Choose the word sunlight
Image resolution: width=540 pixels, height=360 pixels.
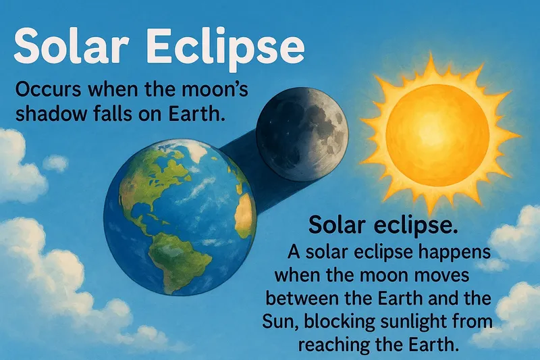[441, 322]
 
